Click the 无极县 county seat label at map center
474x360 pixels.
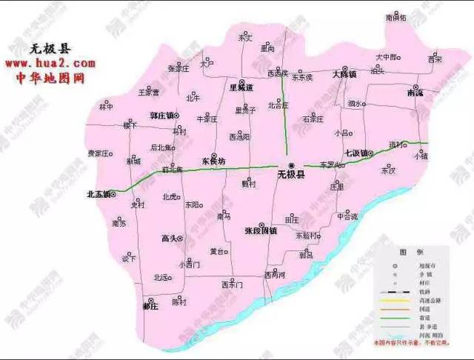pyautogui.click(x=290, y=176)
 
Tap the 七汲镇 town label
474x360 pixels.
pyautogui.click(x=358, y=153)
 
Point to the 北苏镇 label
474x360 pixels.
pyautogui.click(x=98, y=195)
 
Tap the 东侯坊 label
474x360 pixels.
pyautogui.click(x=213, y=161)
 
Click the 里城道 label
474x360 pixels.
pyautogui.click(x=241, y=87)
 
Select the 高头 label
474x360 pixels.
pyautogui.click(x=170, y=239)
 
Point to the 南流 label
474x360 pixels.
pyautogui.click(x=415, y=94)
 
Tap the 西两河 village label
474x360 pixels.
pyautogui.click(x=275, y=274)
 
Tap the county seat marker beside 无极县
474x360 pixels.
pyautogui.click(x=292, y=164)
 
